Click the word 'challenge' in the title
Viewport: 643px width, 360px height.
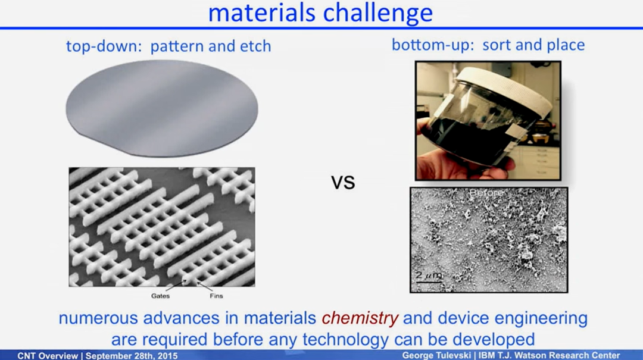coord(377,13)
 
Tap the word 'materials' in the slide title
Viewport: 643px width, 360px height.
coord(262,12)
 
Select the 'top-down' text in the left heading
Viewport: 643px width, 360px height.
coord(101,46)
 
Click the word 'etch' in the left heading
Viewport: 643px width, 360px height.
coord(255,46)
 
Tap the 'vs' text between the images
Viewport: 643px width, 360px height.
coord(343,183)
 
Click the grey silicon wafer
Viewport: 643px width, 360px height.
coord(162,108)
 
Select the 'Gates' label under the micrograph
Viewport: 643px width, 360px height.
coord(160,296)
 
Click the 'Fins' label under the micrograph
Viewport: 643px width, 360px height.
coord(217,296)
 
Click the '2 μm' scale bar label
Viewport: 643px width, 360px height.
coord(429,275)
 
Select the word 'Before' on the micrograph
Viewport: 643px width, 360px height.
coord(487,193)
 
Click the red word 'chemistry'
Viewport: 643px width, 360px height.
coord(360,318)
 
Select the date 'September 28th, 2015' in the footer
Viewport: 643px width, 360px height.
coord(132,355)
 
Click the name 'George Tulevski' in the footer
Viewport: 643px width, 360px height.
coord(435,355)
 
